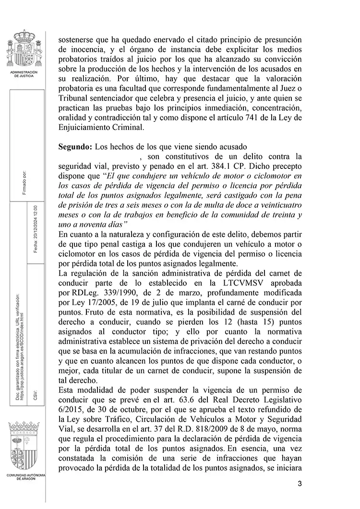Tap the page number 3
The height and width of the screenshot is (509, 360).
(300, 483)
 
